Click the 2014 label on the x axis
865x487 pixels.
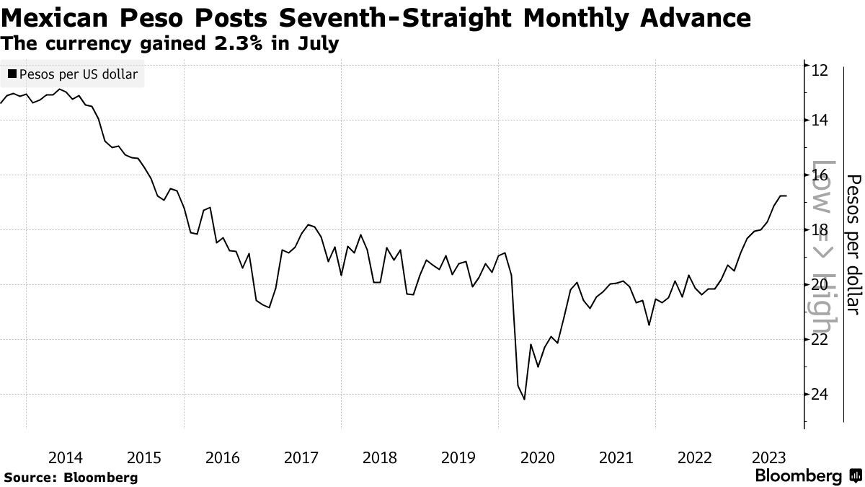65,457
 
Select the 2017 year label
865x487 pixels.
301,457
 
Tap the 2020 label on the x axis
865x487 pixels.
537,457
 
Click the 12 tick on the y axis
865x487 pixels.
819,70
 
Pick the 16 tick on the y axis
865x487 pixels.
819,175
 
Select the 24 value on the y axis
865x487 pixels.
819,395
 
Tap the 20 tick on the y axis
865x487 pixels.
819,285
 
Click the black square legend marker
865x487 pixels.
12,74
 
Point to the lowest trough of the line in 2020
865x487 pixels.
524,399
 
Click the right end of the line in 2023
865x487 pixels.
786,196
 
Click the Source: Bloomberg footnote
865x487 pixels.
71,477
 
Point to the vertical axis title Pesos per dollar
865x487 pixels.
853,244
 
